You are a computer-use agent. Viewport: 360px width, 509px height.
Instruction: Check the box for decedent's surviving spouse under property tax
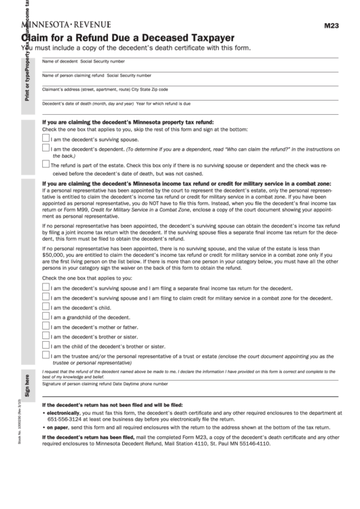[46, 138]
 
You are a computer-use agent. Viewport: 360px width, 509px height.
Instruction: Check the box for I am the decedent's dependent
[46, 147]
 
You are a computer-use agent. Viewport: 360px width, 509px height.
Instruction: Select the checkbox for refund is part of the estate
[46, 163]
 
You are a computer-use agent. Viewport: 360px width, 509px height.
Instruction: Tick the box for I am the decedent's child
[46, 306]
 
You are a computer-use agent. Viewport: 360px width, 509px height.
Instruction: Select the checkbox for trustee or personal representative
[46, 355]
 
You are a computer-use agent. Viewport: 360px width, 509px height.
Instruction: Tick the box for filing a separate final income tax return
[46, 287]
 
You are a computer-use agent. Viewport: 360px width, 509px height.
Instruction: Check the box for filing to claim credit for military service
[46, 297]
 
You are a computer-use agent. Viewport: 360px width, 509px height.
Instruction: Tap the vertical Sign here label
[27, 385]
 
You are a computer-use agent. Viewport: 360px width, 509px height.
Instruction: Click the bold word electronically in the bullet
[63, 412]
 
